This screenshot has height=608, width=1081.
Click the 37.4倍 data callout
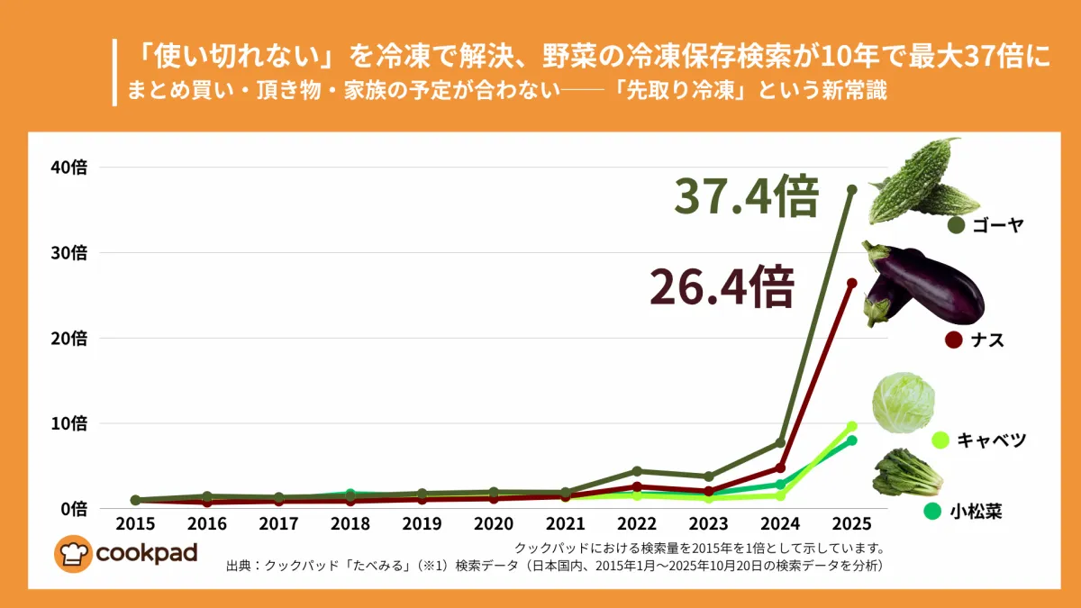click(747, 197)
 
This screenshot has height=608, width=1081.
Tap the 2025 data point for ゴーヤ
click(851, 189)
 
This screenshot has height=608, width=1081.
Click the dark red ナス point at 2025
click(851, 283)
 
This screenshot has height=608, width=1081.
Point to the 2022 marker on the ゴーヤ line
click(637, 471)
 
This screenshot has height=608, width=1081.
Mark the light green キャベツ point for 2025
click(851, 426)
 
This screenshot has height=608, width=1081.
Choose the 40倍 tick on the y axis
click(68, 168)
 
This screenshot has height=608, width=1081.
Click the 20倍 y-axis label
click(68, 339)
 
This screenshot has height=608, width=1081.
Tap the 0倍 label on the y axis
click(72, 509)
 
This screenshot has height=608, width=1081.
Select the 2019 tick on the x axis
click(422, 524)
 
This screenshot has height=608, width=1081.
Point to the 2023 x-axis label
click(708, 524)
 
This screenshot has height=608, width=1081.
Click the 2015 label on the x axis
click(135, 524)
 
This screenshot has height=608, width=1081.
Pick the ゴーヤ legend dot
click(956, 225)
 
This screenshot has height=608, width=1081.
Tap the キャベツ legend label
click(991, 440)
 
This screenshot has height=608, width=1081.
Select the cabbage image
click(904, 403)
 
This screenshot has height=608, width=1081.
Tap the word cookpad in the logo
click(146, 552)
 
